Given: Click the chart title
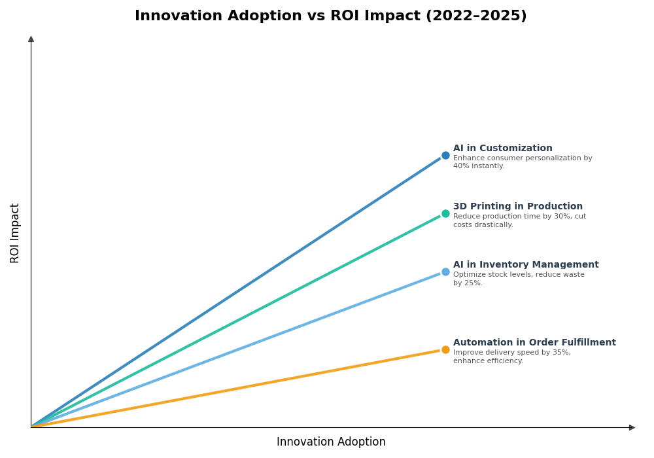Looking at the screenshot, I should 330,16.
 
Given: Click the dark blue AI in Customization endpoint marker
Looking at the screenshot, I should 445,156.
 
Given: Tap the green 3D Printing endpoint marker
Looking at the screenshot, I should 445,213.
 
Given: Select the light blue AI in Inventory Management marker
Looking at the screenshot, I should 445,272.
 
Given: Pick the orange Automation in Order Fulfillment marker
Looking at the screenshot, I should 445,349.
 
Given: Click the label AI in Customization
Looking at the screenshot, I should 502,149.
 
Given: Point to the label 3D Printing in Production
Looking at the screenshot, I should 517,207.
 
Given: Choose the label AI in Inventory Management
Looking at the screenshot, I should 525,265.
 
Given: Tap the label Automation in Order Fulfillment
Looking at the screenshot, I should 534,343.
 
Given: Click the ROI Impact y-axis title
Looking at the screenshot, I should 15,233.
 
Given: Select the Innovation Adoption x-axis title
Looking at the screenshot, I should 331,442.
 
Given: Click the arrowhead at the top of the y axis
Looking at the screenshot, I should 31,39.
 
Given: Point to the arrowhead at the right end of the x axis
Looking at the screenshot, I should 632,427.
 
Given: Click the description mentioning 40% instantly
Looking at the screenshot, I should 522,162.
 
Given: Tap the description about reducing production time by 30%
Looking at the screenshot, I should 519,220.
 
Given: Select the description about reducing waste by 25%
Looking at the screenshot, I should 518,279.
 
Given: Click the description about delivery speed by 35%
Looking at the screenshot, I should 511,357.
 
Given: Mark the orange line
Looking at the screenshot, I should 235,388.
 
